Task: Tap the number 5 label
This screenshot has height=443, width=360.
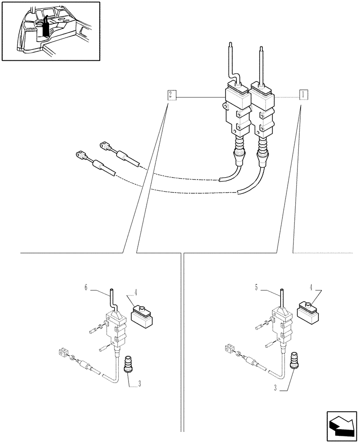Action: click(x=256, y=288)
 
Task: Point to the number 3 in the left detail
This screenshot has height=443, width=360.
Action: click(x=140, y=384)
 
